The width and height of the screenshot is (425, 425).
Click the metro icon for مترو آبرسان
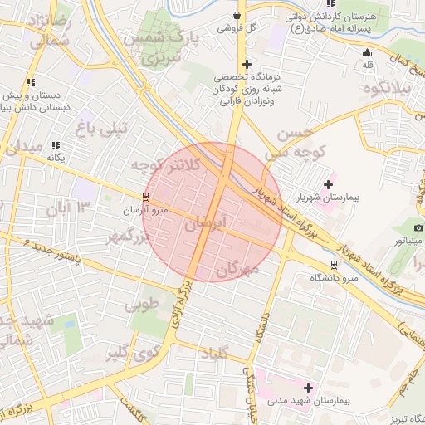pyautogui.click(x=146, y=197)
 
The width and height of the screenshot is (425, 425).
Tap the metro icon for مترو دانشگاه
pyautogui.click(x=334, y=264)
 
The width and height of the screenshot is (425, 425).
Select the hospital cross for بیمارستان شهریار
pyautogui.click(x=329, y=184)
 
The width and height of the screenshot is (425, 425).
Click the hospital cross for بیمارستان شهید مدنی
pyautogui.click(x=308, y=388)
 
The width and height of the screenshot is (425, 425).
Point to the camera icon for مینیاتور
pyautogui.click(x=418, y=227)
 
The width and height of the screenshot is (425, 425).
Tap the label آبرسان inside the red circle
pyautogui.click(x=206, y=224)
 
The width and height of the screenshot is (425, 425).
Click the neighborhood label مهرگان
pyautogui.click(x=238, y=270)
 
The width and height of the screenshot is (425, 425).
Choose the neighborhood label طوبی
pyautogui.click(x=141, y=305)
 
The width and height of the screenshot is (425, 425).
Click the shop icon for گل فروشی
pyautogui.click(x=238, y=15)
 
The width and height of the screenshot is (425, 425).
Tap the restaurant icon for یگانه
pyautogui.click(x=56, y=145)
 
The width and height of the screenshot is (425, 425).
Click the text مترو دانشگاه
pyautogui.click(x=340, y=276)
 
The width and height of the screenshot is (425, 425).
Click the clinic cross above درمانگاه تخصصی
pyautogui.click(x=246, y=64)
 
